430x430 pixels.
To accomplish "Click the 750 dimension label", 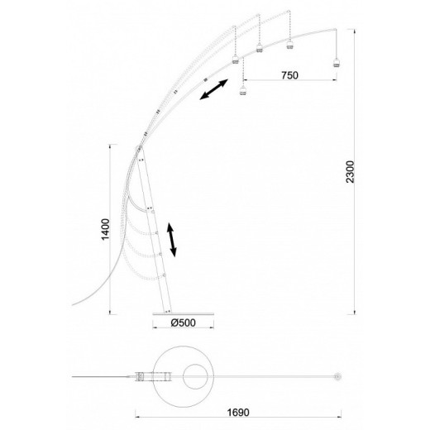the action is (289, 75).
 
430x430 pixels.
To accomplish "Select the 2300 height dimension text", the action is (350, 172).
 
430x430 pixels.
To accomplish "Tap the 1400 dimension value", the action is (105, 229).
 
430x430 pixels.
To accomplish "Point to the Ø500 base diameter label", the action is (183, 322).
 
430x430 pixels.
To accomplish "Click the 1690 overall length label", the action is (238, 413).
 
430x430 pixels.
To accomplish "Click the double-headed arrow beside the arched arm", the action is (214, 89).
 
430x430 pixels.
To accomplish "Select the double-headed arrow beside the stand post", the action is (171, 240).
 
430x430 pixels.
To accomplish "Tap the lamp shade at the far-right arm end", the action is (336, 63).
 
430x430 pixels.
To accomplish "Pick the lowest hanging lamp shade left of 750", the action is (242, 90).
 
